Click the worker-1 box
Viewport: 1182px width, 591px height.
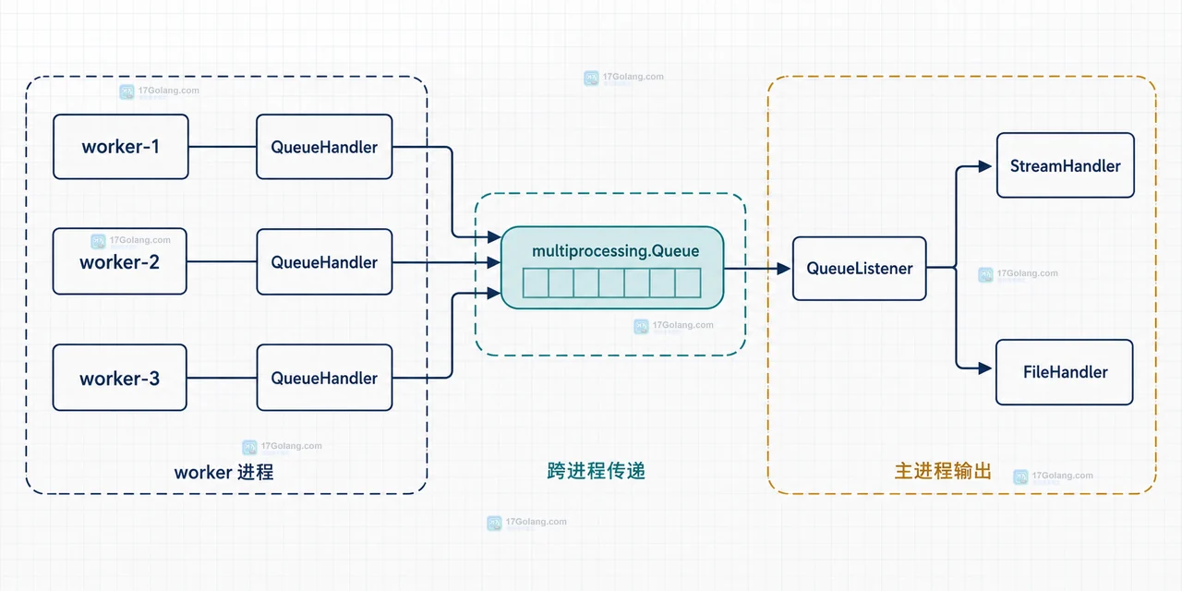(121, 147)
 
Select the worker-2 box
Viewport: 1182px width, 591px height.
(120, 261)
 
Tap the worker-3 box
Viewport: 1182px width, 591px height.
(120, 378)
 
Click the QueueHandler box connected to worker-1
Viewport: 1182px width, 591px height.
(324, 147)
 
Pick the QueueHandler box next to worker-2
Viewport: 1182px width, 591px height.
(324, 261)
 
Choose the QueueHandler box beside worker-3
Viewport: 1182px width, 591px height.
(324, 378)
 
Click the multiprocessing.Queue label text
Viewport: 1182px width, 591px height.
(615, 251)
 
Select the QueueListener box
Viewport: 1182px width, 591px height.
(859, 269)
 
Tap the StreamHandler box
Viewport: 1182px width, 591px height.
(1066, 165)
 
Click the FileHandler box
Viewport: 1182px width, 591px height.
(1065, 372)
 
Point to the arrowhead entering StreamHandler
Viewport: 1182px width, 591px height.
(985, 166)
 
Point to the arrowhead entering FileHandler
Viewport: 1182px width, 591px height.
(985, 368)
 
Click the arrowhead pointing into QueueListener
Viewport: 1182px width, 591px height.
(784, 269)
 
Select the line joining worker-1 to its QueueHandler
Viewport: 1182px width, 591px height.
(223, 147)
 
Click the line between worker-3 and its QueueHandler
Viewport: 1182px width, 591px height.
(222, 378)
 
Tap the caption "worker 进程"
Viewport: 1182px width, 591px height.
(223, 472)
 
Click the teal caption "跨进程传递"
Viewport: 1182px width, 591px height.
(596, 470)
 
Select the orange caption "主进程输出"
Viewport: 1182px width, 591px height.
(943, 471)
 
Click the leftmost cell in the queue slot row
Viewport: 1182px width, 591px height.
(536, 283)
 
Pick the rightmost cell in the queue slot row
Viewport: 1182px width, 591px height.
(688, 283)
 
